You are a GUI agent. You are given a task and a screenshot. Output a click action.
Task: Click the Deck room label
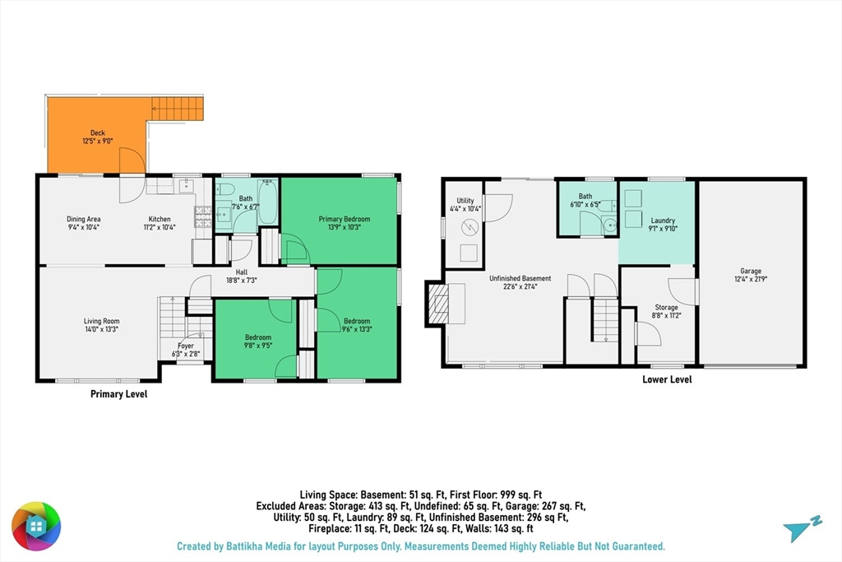click(x=98, y=132)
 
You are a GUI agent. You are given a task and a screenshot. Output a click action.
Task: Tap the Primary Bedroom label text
click(x=345, y=219)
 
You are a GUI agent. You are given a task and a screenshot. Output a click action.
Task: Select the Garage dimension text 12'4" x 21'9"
click(x=750, y=279)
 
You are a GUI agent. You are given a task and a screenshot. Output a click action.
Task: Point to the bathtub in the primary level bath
click(x=267, y=202)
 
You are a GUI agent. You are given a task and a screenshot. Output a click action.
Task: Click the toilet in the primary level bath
click(x=225, y=188)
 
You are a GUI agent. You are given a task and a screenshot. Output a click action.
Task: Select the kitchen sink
click(x=187, y=186)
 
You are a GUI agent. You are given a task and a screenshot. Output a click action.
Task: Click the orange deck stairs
click(x=178, y=109)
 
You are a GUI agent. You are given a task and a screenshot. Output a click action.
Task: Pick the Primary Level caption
click(x=118, y=394)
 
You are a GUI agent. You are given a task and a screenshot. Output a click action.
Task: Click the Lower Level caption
click(x=667, y=379)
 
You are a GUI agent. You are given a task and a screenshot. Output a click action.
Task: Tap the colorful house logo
click(x=36, y=526)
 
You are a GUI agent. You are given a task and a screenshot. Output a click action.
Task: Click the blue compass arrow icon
click(x=802, y=528)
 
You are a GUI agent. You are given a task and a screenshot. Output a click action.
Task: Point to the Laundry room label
click(x=663, y=221)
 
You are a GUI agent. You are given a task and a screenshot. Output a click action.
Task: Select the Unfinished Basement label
click(x=520, y=278)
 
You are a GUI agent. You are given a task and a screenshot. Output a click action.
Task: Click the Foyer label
click(x=186, y=346)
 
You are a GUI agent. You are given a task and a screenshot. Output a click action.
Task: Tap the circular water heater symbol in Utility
click(x=470, y=227)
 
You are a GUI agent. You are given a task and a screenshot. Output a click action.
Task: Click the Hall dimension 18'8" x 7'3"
click(x=242, y=280)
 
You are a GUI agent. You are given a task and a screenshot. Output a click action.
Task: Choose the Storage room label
click(x=666, y=307)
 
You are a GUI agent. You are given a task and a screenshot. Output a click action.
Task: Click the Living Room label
click(x=101, y=321)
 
